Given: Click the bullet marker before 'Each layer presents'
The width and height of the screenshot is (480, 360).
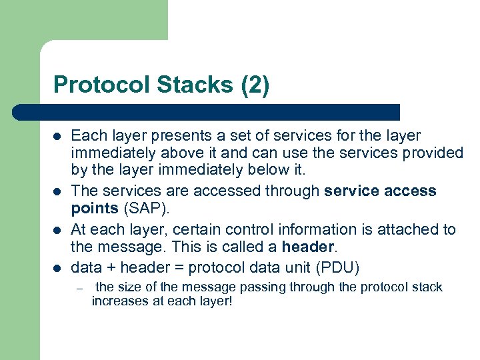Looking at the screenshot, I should pos(57,137).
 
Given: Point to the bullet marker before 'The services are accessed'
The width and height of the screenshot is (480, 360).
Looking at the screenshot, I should pos(57,192).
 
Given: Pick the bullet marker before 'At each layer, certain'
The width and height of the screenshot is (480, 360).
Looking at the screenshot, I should pos(57,230).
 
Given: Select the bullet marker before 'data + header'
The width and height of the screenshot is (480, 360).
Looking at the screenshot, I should pos(57,269).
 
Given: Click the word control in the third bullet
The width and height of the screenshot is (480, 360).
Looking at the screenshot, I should pos(212,230).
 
